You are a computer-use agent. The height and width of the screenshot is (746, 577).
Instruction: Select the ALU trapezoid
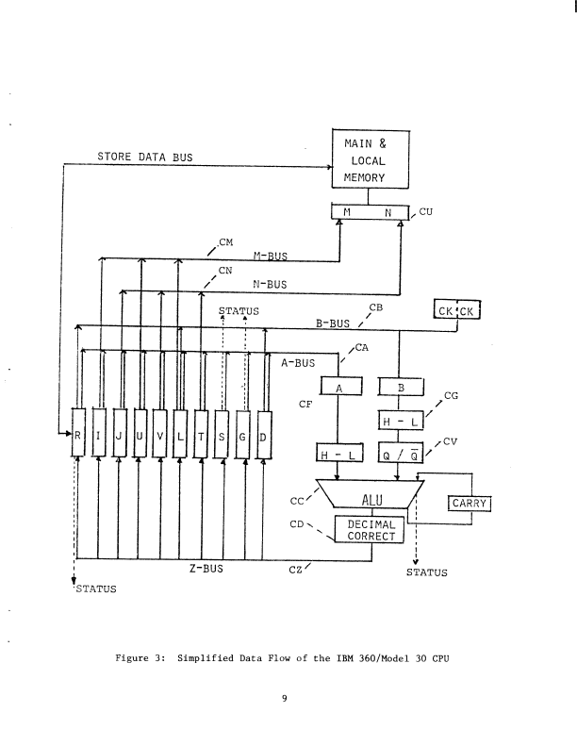pyautogui.click(x=371, y=499)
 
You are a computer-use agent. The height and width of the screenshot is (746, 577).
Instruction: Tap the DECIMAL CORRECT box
pyautogui.click(x=371, y=529)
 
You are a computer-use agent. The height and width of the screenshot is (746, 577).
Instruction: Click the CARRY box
pyautogui.click(x=468, y=504)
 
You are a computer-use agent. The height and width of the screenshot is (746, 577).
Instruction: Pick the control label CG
pyautogui.click(x=451, y=397)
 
